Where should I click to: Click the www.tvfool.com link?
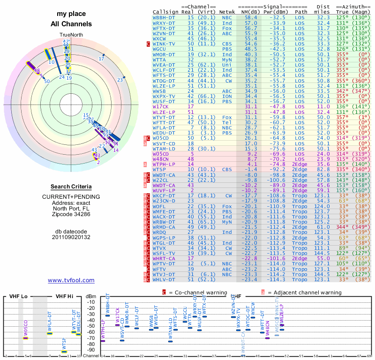pos(71,280)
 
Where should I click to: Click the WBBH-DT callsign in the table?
pos(165,17)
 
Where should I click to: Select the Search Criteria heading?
pos(71,187)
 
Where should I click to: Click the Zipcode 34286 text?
pos(71,214)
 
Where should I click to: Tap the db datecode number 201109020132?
pos(71,237)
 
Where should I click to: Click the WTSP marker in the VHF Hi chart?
pos(64,351)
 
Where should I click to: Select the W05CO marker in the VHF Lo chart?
pos(26,337)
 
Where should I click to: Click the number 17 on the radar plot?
pos(101,59)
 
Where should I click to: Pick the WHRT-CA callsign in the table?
pos(164,258)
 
